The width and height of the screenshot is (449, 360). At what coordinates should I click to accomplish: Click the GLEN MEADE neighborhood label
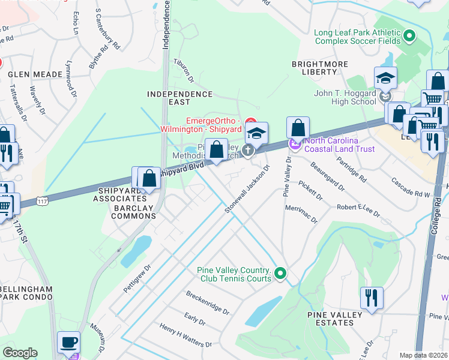click(35, 74)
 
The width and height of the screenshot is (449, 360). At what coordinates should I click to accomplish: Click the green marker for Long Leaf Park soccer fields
click(410, 36)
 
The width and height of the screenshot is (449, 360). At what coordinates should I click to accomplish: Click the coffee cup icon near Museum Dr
click(68, 342)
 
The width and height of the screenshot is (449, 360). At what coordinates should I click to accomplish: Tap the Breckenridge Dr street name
click(208, 303)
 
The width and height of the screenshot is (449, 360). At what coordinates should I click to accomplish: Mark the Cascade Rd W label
click(409, 188)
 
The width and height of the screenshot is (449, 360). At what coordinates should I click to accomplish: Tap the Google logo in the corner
click(20, 353)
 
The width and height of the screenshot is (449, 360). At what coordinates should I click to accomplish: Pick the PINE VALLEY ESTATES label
click(334, 319)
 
